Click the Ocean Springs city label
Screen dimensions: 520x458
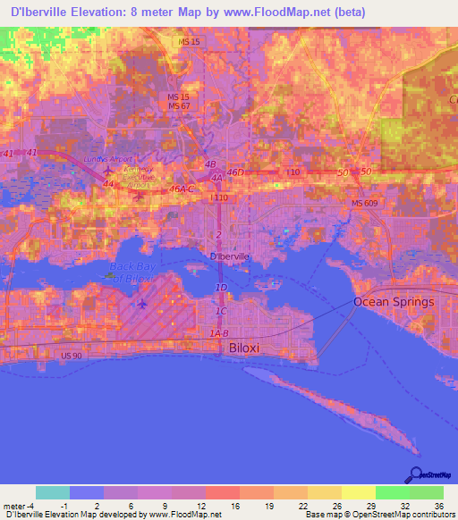point(394,301)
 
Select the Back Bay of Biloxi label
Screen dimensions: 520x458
point(132,273)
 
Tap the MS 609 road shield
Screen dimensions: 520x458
point(362,205)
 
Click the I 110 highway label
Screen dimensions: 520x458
point(218,197)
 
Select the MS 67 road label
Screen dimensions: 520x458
point(180,106)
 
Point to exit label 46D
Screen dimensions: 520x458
point(235,172)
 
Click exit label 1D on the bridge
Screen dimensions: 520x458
point(221,287)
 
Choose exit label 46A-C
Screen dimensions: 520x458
point(182,189)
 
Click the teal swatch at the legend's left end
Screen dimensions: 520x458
point(53,492)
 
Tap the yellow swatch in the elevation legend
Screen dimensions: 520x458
point(358,492)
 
